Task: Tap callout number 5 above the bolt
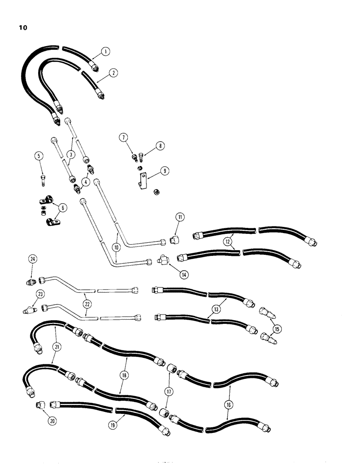coord(39,156)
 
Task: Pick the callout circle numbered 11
coord(180,217)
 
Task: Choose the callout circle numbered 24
coord(32,259)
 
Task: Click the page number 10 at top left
coord(23,28)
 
